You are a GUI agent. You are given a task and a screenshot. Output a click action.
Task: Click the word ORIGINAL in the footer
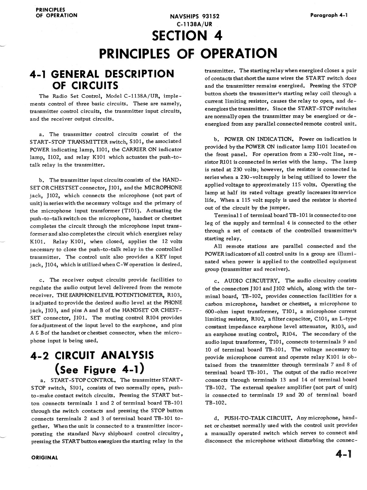click(44, 457)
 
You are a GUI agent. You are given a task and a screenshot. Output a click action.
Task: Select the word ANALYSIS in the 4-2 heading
click(120, 355)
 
